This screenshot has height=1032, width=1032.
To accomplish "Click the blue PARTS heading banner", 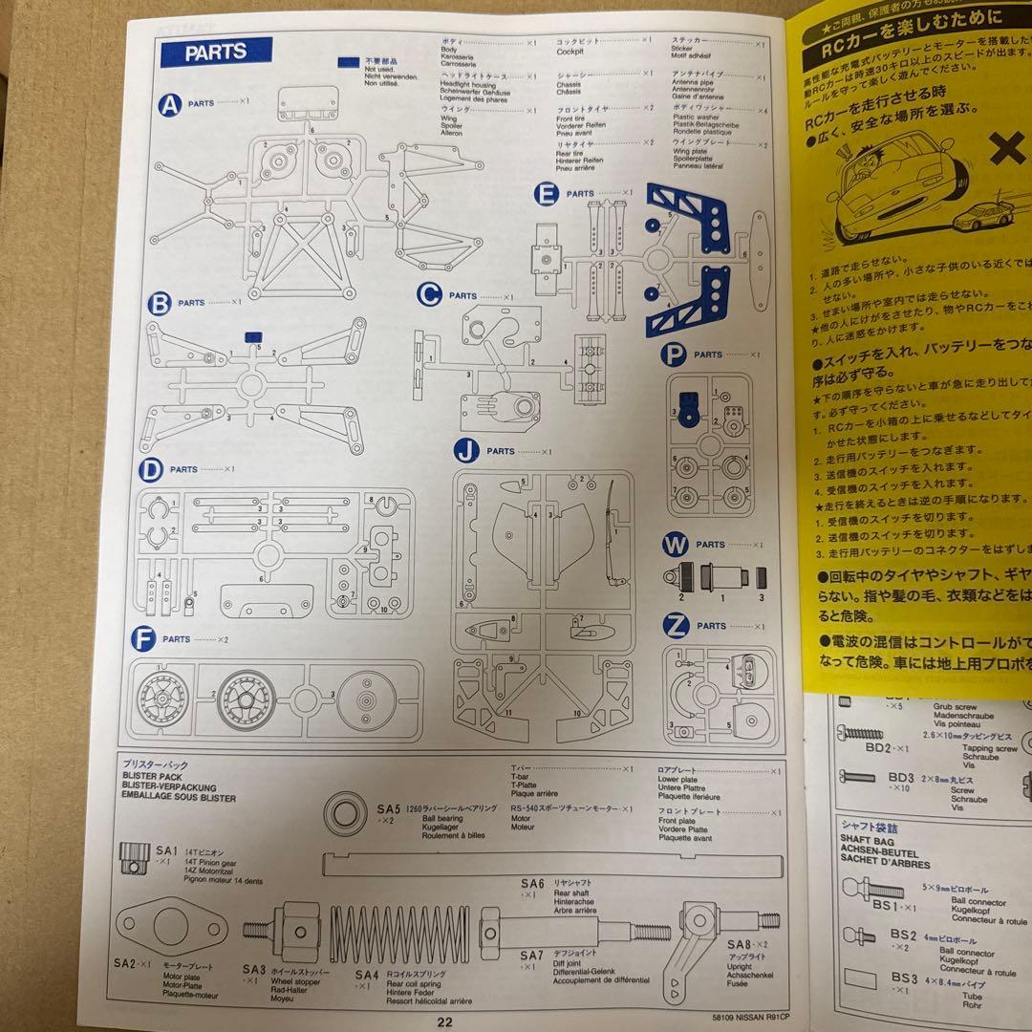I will click(x=216, y=53).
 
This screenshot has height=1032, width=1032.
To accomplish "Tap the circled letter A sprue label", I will click(x=168, y=102).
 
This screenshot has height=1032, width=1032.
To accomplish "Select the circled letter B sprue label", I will click(x=159, y=304).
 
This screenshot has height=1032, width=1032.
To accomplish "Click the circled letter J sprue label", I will click(x=465, y=451).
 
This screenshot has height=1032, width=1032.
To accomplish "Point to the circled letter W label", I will click(x=676, y=546).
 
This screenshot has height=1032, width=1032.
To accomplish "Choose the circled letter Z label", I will click(x=676, y=627).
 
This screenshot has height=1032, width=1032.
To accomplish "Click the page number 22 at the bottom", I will click(x=445, y=1021).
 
